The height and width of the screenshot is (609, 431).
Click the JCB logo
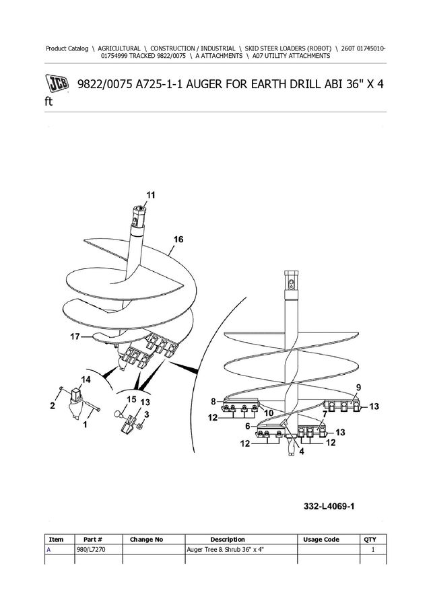tap(57, 83)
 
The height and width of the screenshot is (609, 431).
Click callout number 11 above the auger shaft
tap(150, 194)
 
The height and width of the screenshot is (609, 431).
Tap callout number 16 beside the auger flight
tap(178, 240)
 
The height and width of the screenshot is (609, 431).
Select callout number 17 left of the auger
tap(75, 336)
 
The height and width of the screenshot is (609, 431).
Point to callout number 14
tap(86, 380)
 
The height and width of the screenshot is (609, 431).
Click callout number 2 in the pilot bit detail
tap(53, 406)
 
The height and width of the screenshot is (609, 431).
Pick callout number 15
tap(132, 399)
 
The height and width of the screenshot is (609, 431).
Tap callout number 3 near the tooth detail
tap(146, 415)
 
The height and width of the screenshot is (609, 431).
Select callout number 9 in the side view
tap(358, 387)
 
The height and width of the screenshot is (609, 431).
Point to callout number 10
tap(269, 413)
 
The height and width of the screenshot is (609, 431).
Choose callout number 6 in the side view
tap(248, 426)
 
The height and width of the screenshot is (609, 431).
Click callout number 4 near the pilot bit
tap(302, 452)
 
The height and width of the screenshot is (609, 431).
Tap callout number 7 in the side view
tap(325, 414)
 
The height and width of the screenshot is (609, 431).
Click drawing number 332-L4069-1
tap(329, 506)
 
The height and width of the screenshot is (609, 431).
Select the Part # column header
tap(93, 540)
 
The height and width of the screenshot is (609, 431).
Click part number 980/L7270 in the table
tap(91, 550)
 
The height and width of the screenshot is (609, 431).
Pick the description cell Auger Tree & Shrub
tap(226, 550)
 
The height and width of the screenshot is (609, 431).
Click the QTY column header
tap(370, 540)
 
